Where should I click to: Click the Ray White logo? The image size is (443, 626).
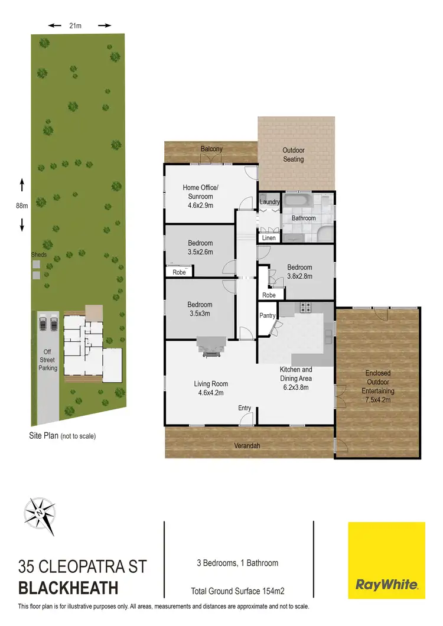(386, 556)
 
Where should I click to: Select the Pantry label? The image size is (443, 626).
(268, 316)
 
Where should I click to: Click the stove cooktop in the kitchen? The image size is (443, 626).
(307, 308)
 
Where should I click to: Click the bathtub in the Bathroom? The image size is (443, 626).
(301, 203)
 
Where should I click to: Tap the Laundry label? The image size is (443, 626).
(270, 202)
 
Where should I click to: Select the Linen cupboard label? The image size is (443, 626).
(269, 238)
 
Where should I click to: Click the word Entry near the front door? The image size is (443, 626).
(245, 408)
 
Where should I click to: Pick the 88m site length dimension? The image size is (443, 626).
(22, 206)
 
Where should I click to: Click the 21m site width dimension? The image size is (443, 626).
(75, 25)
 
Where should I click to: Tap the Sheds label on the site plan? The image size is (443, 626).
(39, 255)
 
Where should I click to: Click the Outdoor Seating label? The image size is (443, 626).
(293, 155)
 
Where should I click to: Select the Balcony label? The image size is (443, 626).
(211, 149)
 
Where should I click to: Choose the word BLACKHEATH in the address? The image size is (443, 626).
(69, 588)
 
